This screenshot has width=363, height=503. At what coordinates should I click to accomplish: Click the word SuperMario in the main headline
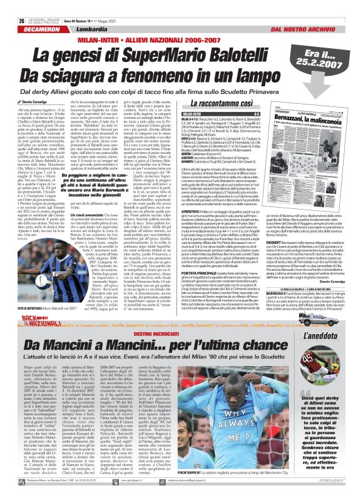pyautogui.click(x=173, y=58)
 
